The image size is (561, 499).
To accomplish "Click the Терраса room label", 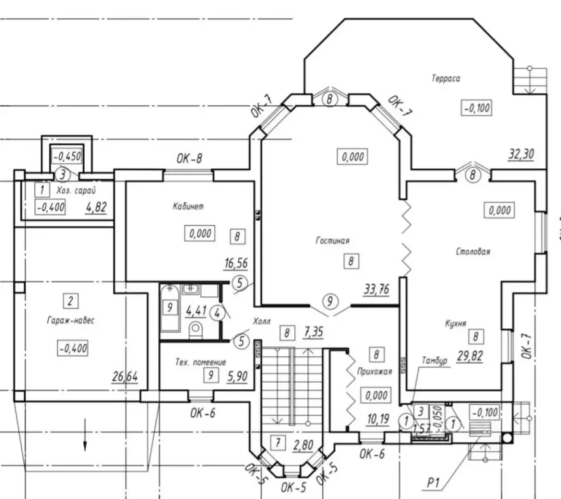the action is tap(446, 78).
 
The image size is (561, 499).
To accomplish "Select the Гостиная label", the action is tap(333, 240).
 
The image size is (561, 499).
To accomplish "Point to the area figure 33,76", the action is tap(376, 289).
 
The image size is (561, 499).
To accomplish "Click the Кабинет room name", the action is tap(188, 206).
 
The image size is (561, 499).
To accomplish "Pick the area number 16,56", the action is tap(236, 263).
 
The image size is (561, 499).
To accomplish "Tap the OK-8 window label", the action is tap(189, 159).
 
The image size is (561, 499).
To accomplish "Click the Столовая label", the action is tap(472, 251).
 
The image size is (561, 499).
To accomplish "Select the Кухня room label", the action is tap(456, 324).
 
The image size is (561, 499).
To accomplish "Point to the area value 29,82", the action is tap(470, 356).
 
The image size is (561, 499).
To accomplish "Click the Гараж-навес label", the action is tap(71, 320).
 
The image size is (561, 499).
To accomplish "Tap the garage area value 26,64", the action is tap(125, 376).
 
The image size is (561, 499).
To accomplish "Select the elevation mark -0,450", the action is tap(67, 156).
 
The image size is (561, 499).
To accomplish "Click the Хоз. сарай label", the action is tap(76, 190).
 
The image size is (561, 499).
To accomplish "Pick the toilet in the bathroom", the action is tap(195, 329).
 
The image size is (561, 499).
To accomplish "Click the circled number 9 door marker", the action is tap(330, 301).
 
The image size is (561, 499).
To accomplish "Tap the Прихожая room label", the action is tap(375, 372).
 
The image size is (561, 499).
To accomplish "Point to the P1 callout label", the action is tap(433, 483).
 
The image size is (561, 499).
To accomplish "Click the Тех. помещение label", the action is tap(200, 362).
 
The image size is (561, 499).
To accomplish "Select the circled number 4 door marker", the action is tap(217, 314).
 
